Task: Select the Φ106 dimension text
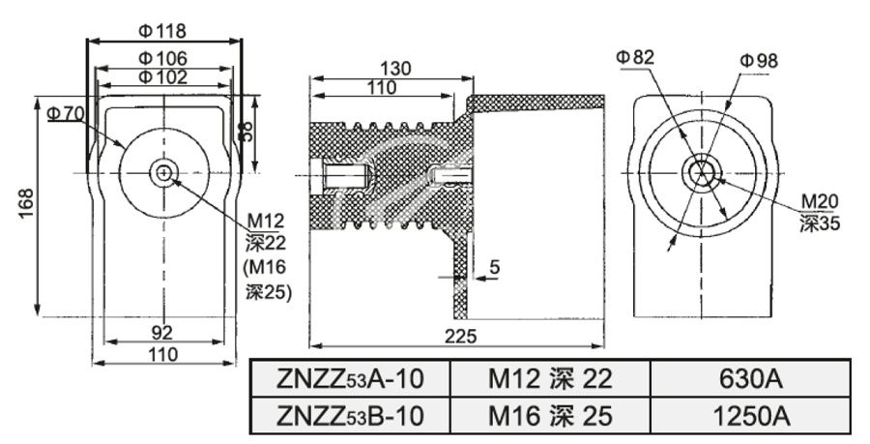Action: pyautogui.click(x=162, y=59)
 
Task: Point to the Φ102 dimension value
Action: pyautogui.click(x=162, y=77)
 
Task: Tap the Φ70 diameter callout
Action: pyautogui.click(x=66, y=114)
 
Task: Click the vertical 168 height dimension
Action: pyautogui.click(x=27, y=204)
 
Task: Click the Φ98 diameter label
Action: pyautogui.click(x=759, y=60)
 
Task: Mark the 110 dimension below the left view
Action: pyautogui.click(x=161, y=354)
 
